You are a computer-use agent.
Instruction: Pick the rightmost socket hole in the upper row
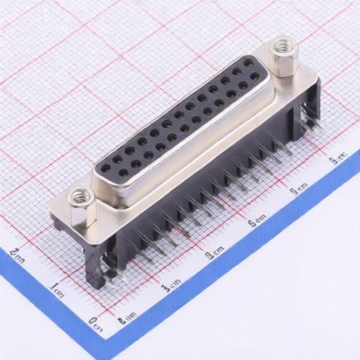tap(248, 63)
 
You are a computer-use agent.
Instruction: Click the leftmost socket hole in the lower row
tap(124, 171)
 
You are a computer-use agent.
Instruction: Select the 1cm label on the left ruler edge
tap(57, 288)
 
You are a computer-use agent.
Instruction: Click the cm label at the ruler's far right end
tap(337, 157)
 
